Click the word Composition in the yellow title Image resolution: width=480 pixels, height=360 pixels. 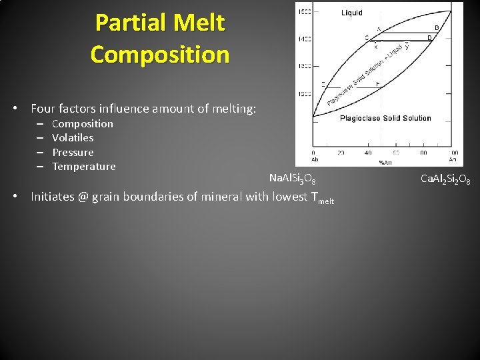(x=160, y=54)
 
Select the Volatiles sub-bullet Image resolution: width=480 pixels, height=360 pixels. (x=73, y=138)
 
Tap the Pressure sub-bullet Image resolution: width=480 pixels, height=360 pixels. (x=73, y=152)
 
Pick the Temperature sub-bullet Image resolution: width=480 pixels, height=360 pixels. (x=84, y=167)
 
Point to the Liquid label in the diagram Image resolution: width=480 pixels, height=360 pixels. (x=352, y=13)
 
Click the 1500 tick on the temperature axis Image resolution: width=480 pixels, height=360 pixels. (x=304, y=12)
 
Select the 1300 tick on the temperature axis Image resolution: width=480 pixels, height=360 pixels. (x=304, y=67)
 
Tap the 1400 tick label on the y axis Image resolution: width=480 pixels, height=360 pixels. (x=304, y=39)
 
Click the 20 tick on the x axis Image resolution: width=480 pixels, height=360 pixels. (x=341, y=153)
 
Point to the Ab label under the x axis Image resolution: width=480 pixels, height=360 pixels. (x=315, y=159)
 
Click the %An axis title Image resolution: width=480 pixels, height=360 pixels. (x=385, y=161)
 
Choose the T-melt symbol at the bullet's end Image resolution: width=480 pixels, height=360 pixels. (x=322, y=197)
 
